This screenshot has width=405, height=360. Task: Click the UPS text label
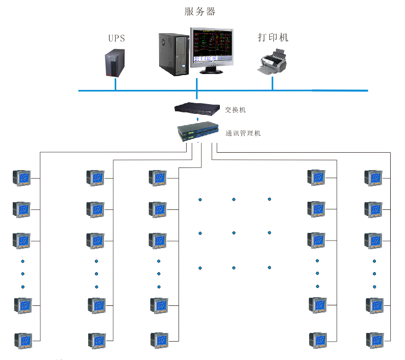point(116,38)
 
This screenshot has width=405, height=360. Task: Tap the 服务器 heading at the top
point(199,11)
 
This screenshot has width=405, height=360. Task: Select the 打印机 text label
point(273,37)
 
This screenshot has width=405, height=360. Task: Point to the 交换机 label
point(235,110)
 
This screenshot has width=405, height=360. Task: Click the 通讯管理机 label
point(243,133)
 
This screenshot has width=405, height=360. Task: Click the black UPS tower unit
point(115,63)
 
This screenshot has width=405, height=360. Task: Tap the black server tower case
point(174,54)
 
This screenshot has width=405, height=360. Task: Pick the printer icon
point(272,62)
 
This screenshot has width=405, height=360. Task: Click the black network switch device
point(197,109)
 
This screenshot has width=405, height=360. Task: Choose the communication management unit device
point(198,131)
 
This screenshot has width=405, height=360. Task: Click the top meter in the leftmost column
point(22,178)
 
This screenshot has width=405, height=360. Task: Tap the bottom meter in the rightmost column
point(375,341)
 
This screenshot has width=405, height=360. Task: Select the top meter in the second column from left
point(95,178)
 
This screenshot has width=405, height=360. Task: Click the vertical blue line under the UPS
point(115,84)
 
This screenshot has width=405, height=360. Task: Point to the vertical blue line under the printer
point(272,84)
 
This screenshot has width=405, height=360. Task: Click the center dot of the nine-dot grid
point(234,233)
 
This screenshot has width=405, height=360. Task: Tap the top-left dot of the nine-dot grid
point(200,200)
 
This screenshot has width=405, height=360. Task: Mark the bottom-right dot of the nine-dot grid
point(269,268)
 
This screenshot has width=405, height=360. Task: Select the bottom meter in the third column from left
point(159,341)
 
